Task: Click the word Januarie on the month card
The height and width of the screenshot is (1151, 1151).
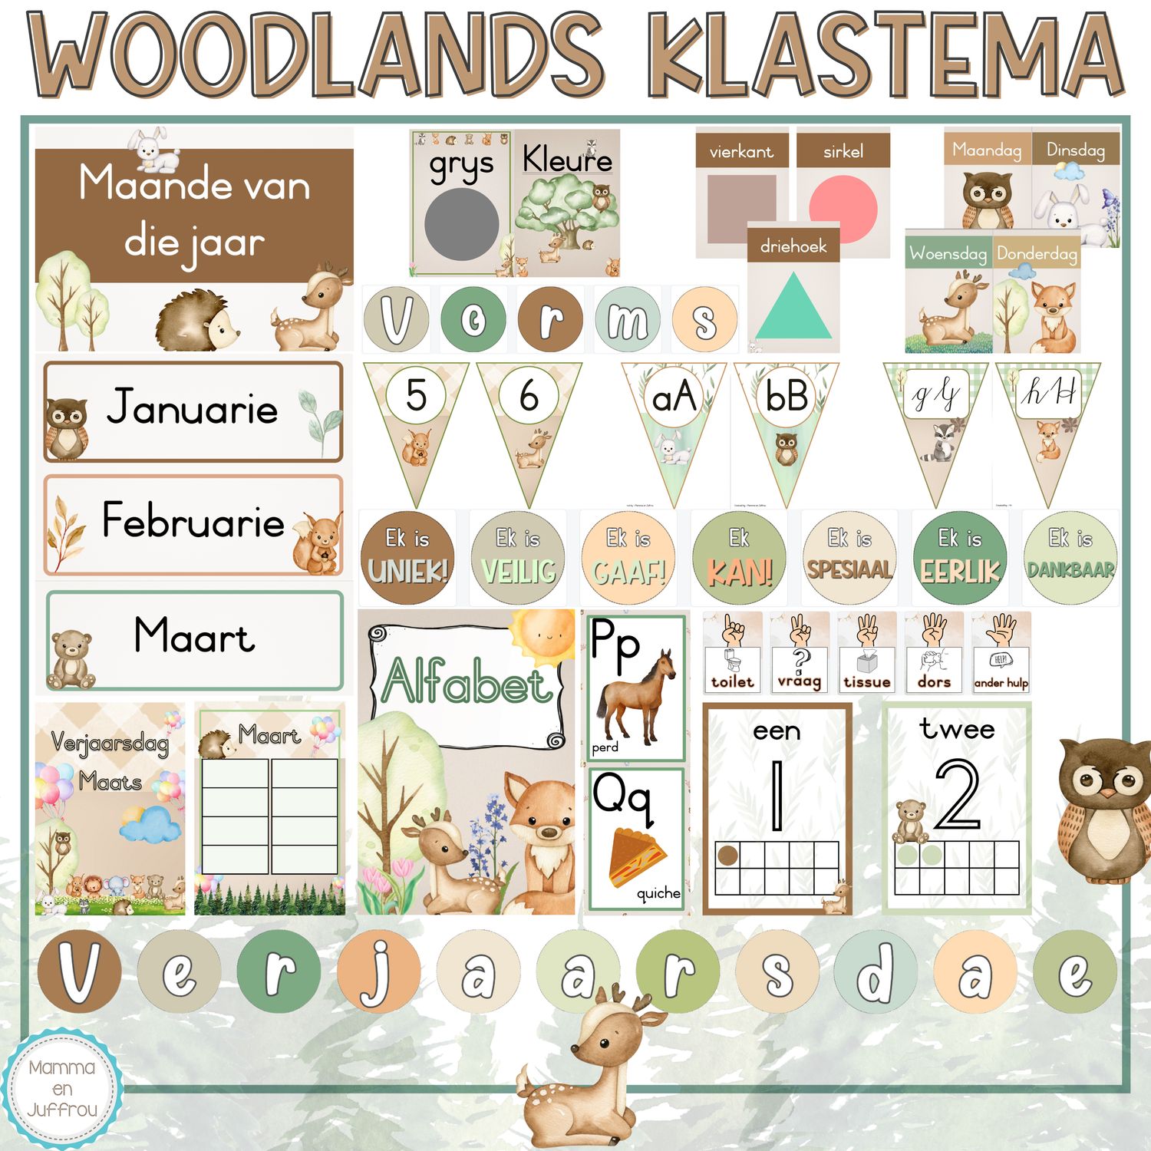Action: click(192, 407)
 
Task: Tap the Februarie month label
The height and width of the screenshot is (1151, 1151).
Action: click(193, 521)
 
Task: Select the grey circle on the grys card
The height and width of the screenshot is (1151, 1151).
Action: click(461, 225)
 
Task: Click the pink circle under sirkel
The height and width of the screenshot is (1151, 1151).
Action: click(843, 209)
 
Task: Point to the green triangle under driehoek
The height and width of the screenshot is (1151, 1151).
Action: click(793, 307)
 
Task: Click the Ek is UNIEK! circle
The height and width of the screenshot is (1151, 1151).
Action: click(407, 558)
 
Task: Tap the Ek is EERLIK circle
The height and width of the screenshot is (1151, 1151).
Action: click(960, 558)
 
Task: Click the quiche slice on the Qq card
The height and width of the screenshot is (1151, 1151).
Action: click(637, 856)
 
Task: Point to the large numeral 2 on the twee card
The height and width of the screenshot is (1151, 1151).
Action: click(957, 794)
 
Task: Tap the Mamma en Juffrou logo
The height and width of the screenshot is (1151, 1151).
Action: click(62, 1088)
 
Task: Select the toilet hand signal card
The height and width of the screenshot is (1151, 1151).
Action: click(732, 653)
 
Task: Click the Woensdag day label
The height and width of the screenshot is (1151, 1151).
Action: click(948, 253)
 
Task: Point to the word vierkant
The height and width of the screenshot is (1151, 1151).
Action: click(741, 152)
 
